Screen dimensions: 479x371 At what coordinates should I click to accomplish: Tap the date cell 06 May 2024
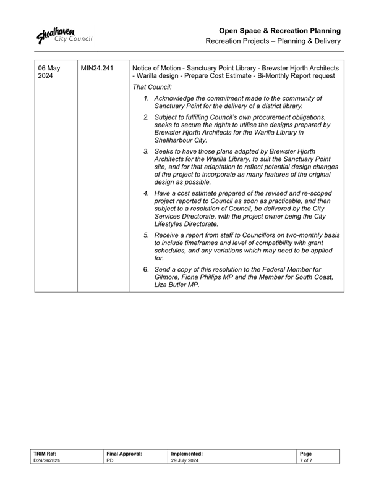click(x=49, y=72)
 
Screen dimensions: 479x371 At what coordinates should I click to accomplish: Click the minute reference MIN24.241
click(x=97, y=67)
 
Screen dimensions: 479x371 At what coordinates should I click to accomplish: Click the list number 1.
click(x=146, y=98)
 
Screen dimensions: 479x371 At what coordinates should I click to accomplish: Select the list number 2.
click(x=146, y=117)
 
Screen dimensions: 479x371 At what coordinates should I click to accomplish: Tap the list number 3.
click(x=146, y=151)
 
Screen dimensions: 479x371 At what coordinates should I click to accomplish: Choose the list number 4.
click(x=146, y=194)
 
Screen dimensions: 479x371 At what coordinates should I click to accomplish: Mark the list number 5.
click(x=146, y=236)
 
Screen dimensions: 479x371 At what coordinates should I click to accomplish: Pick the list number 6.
click(x=146, y=270)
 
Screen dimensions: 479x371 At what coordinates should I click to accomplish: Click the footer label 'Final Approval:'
click(x=124, y=454)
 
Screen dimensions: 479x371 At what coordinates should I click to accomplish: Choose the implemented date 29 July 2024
click(x=184, y=461)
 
